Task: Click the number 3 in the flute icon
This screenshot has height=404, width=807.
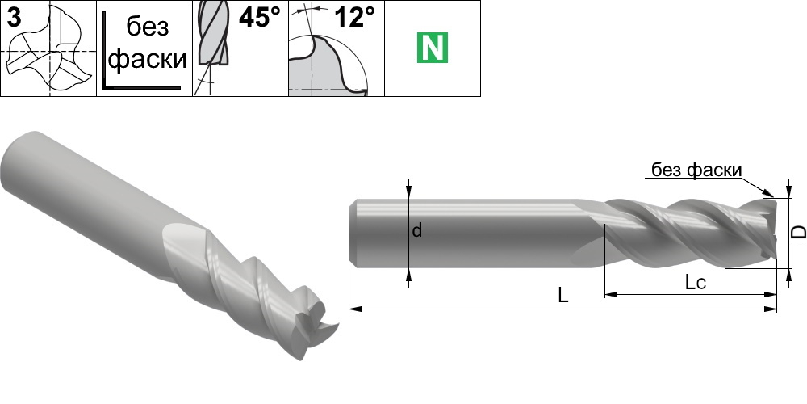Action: pyautogui.click(x=15, y=17)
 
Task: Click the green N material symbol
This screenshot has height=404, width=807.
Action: pyautogui.click(x=433, y=48)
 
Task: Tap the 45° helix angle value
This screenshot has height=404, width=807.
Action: pyautogui.click(x=260, y=18)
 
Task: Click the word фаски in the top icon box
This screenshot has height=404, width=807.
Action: pyautogui.click(x=148, y=59)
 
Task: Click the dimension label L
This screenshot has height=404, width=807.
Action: pyautogui.click(x=563, y=295)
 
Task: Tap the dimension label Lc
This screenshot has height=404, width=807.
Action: pyautogui.click(x=695, y=282)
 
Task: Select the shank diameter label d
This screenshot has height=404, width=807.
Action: pyautogui.click(x=417, y=230)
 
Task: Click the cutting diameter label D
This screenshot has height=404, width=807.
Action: pyautogui.click(x=798, y=232)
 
